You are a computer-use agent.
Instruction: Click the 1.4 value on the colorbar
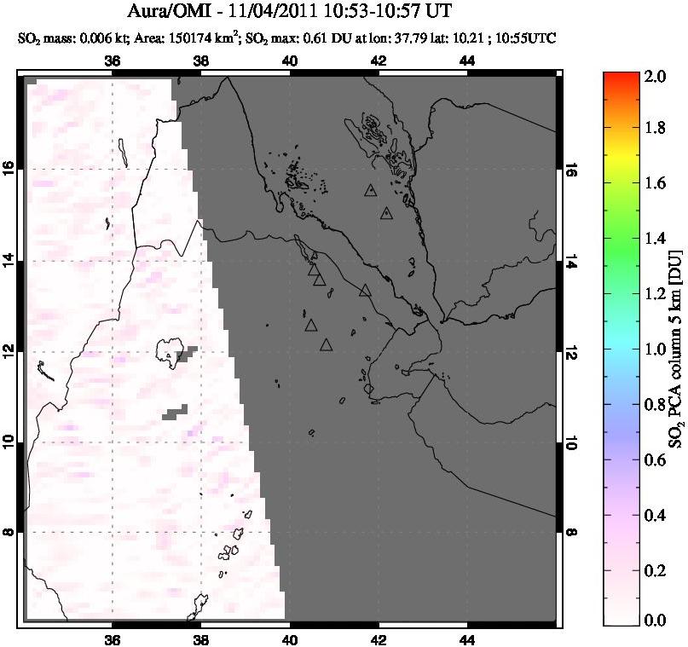pos(654,240)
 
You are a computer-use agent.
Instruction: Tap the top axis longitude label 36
pos(112,61)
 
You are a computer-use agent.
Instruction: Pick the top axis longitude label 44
pos(467,61)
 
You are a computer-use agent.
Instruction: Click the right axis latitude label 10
pos(570,442)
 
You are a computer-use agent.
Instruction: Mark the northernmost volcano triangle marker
pos(370,191)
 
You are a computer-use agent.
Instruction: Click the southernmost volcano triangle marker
pos(326,345)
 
